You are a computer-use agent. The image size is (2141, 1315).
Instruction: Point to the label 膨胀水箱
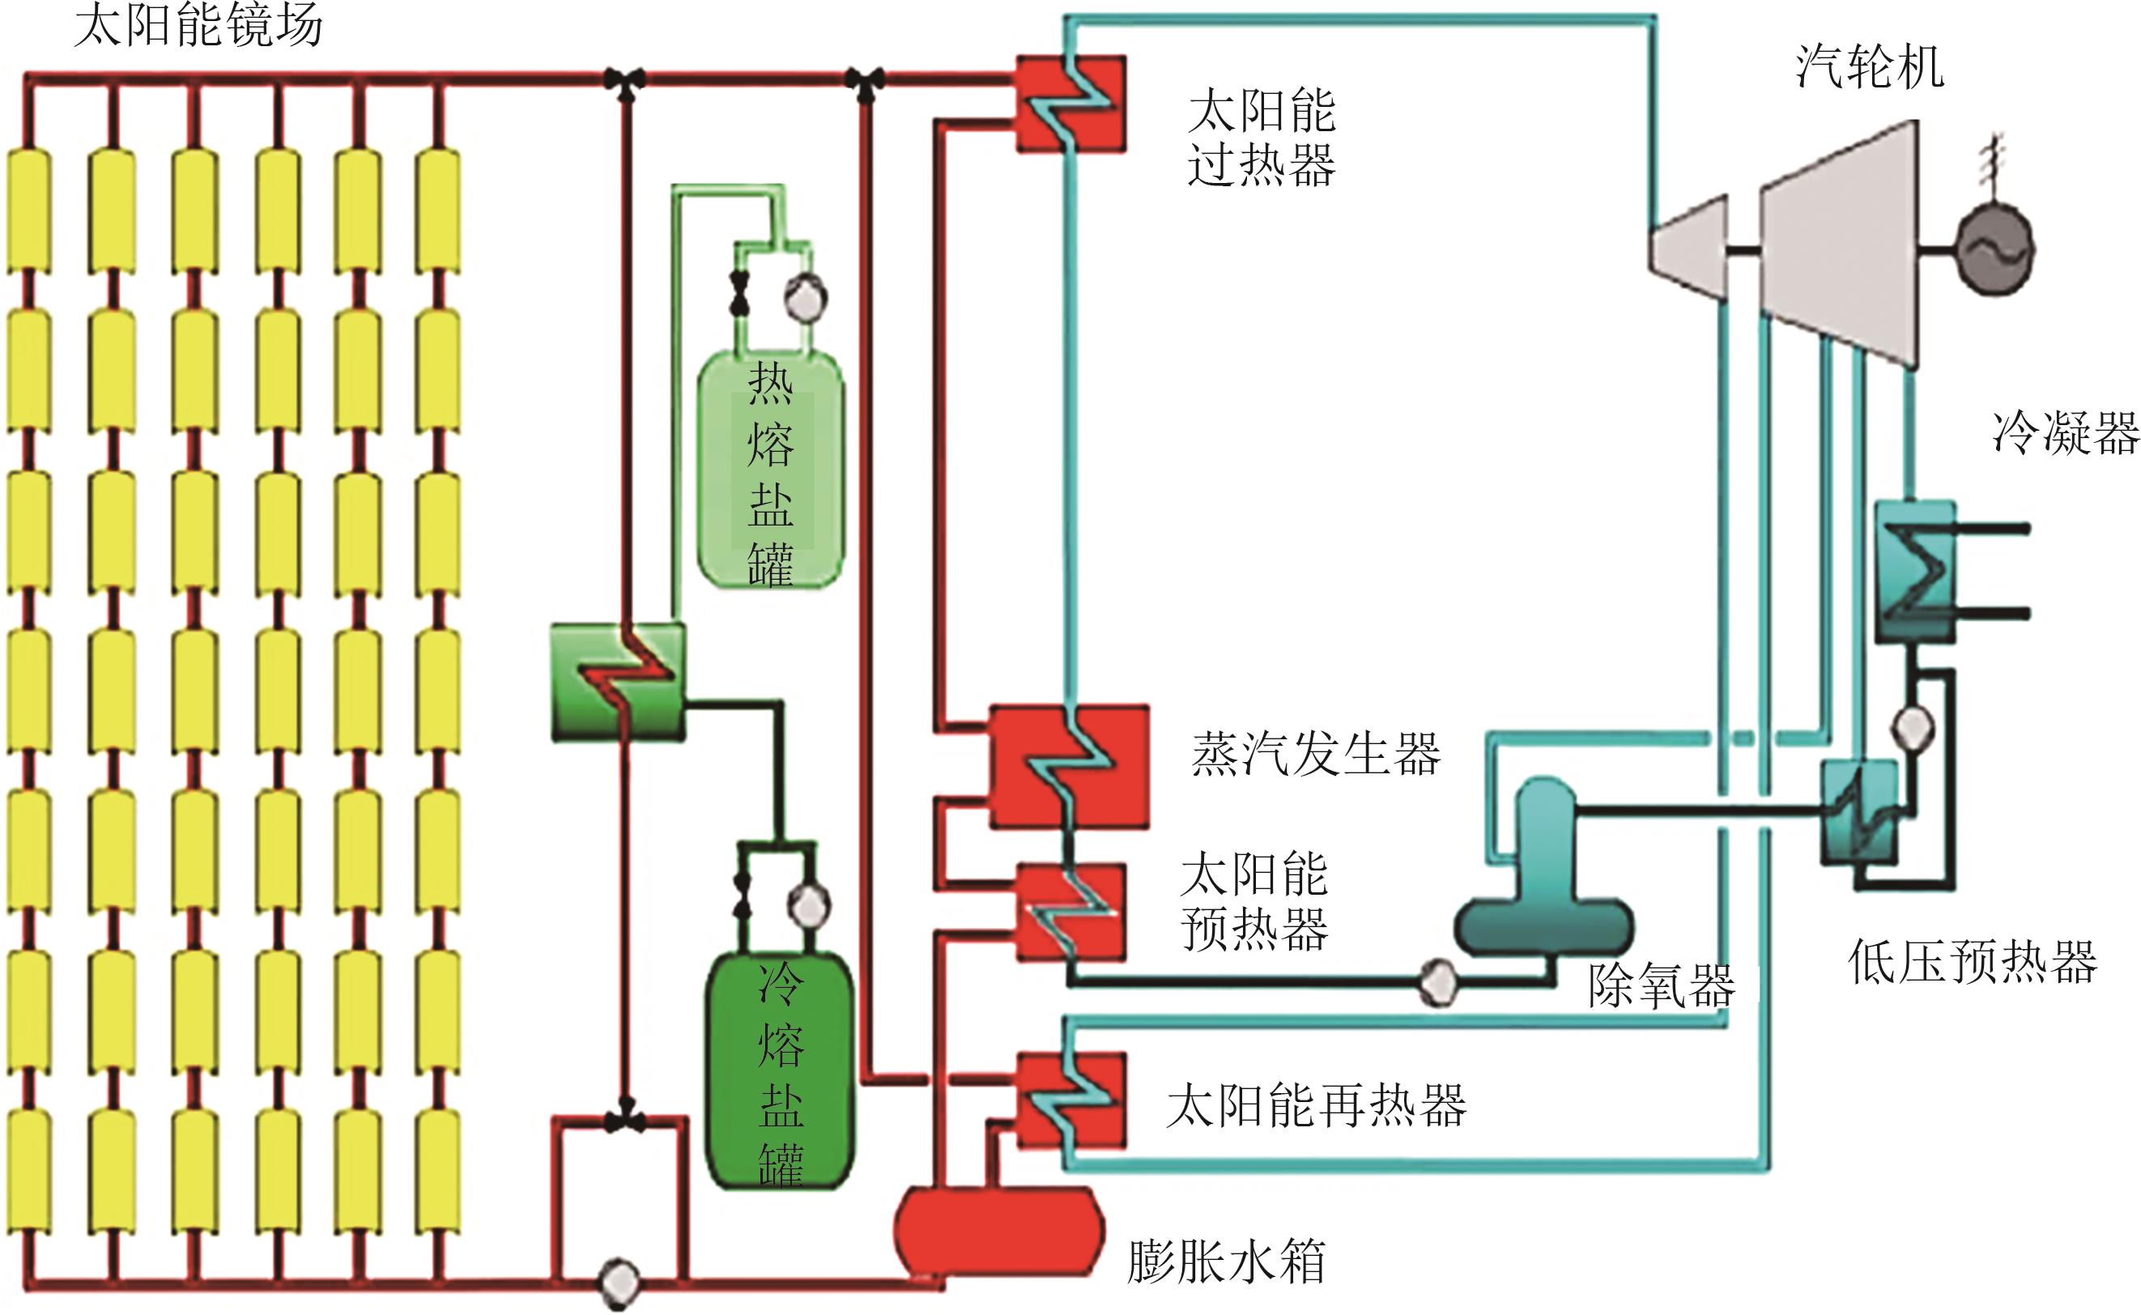click(x=1226, y=1262)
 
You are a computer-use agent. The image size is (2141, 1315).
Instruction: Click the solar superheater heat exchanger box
click(x=1071, y=104)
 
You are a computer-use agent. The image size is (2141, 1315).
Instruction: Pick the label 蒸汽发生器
click(x=1316, y=753)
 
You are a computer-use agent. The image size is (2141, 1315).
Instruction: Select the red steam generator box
click(x=1070, y=766)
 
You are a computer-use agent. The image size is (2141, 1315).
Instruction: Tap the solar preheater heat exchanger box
click(x=1071, y=913)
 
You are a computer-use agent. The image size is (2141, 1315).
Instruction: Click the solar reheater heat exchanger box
click(x=1071, y=1100)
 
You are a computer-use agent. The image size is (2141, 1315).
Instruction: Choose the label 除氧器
click(x=1661, y=986)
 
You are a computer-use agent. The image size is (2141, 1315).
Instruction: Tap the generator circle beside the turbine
click(x=1994, y=250)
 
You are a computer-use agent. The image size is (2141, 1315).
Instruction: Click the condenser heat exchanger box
click(x=1915, y=572)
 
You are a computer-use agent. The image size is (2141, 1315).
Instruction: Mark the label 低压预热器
click(x=1973, y=962)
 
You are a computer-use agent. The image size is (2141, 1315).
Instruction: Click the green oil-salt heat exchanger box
click(x=619, y=683)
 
